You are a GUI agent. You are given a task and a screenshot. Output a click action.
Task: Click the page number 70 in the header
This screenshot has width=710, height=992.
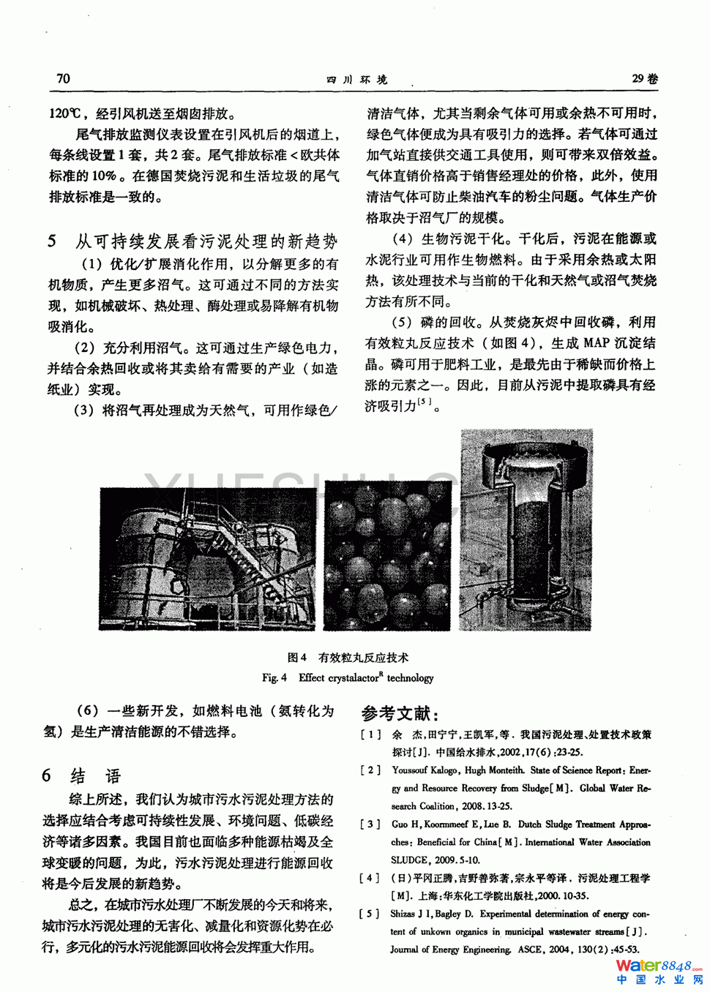click(x=64, y=78)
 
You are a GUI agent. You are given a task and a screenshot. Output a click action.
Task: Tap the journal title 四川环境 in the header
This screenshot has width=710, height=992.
click(x=356, y=79)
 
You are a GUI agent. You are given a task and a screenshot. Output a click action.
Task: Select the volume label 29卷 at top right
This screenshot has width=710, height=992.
click(x=644, y=78)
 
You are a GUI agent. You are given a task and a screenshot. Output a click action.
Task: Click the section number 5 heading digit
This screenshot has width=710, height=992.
click(x=52, y=241)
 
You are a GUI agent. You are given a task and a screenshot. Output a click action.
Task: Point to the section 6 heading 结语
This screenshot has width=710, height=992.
click(x=95, y=776)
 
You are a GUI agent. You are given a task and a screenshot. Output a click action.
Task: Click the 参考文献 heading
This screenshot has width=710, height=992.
click(x=400, y=713)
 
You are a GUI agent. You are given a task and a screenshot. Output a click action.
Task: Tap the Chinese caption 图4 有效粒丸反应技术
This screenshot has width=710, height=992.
click(x=348, y=657)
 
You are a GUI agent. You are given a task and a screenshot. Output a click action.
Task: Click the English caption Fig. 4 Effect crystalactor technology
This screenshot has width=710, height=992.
click(x=348, y=677)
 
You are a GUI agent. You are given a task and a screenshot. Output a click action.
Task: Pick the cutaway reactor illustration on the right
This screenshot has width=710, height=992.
click(x=526, y=530)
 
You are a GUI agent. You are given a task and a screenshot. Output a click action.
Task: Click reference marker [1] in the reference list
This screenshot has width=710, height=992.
click(x=370, y=734)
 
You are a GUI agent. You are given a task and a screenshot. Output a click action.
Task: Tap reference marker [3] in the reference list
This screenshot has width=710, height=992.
click(x=370, y=824)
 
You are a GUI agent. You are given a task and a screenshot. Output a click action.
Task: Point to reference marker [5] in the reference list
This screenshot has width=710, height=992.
click(x=370, y=914)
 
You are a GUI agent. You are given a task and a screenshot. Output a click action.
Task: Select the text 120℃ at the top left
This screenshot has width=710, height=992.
click(x=65, y=113)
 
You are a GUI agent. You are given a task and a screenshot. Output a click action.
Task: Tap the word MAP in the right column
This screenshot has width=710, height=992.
click(x=597, y=342)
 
